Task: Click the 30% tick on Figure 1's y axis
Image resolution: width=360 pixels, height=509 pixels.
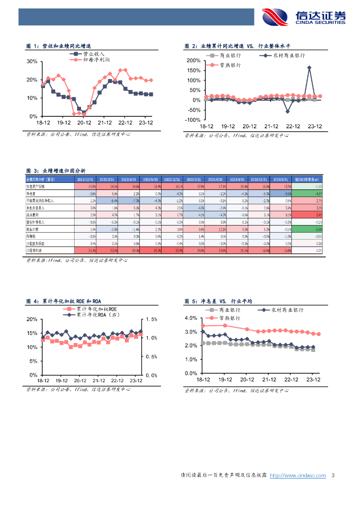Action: click(x=31, y=62)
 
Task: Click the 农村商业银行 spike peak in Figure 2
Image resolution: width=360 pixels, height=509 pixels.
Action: click(x=309, y=68)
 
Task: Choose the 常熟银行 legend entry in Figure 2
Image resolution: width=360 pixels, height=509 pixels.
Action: click(x=229, y=65)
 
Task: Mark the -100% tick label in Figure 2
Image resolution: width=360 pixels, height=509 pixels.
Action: click(x=192, y=120)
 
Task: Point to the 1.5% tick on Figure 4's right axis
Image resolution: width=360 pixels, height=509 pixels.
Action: click(x=152, y=320)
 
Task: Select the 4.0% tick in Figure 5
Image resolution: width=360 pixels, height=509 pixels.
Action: click(x=191, y=318)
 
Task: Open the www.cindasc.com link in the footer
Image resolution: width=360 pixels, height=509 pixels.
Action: click(x=298, y=476)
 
